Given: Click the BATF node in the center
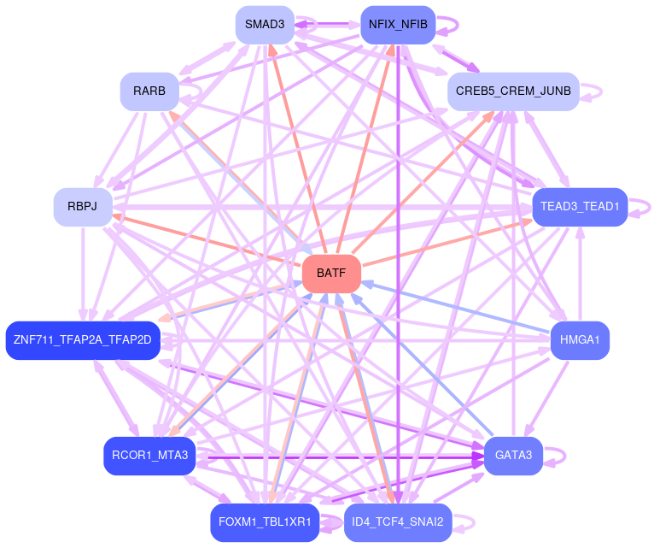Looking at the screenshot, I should coord(331,274).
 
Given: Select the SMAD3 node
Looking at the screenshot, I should coord(265,24).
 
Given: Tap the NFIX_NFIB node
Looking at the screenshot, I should coord(399,24).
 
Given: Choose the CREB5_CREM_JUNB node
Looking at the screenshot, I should coord(513,91).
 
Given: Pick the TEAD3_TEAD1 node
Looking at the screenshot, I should coord(580,207).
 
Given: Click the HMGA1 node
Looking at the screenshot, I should coord(580,340).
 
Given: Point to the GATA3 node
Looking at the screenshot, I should coord(513,456).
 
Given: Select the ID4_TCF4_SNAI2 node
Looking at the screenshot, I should coord(397,522).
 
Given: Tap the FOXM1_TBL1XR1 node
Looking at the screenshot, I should coord(266,522).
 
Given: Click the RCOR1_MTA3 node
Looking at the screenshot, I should coord(150,456).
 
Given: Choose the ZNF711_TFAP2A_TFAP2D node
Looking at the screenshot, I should coord(83,340).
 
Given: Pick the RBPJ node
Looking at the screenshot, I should coord(83,207).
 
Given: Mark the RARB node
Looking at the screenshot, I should coord(149,91).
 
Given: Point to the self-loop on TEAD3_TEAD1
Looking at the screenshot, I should coord(644,207).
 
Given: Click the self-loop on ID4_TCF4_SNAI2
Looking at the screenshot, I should coord(466,522).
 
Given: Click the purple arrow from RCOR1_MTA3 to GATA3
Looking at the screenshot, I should coord(342,457).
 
